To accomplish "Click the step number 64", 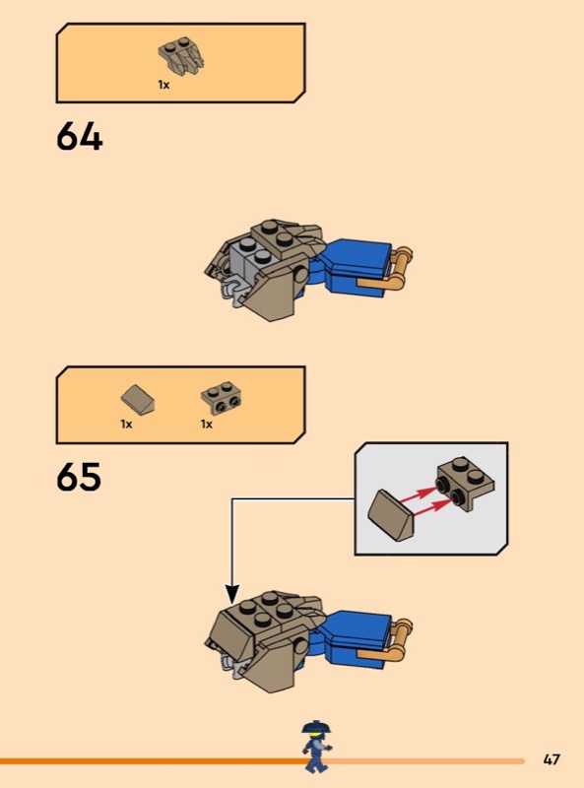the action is click(x=80, y=137).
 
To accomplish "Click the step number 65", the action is click(x=79, y=477).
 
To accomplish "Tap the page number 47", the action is click(x=552, y=759).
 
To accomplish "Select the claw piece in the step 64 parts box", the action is click(x=181, y=56).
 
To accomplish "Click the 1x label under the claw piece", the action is click(x=163, y=85).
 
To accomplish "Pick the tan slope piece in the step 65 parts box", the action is click(x=138, y=400).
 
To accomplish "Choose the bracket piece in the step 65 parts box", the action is click(x=221, y=398).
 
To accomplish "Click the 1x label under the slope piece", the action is click(x=126, y=425).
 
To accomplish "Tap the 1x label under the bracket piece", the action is click(x=207, y=425).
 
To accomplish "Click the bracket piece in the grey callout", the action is click(x=466, y=484).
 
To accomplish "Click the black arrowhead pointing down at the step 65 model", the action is click(x=231, y=595).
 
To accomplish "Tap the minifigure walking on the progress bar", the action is click(x=315, y=747).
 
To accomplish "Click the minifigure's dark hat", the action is click(x=314, y=727).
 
